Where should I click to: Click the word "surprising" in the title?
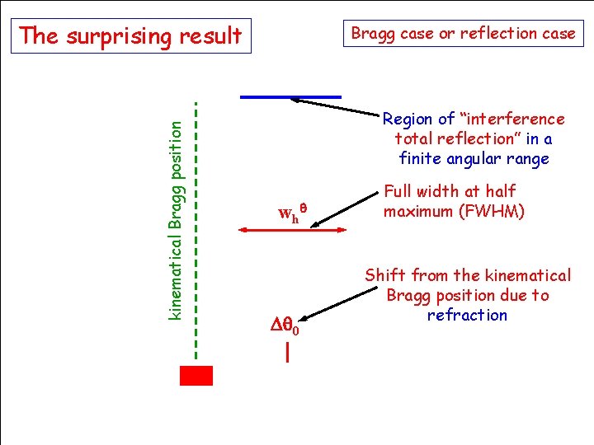[x=128, y=36]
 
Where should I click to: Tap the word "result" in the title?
[x=214, y=36]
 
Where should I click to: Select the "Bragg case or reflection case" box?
[x=463, y=34]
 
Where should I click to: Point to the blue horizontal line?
[x=290, y=96]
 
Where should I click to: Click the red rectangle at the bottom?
[x=196, y=375]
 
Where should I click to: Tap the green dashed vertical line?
[x=196, y=231]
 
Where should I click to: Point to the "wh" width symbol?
[x=289, y=216]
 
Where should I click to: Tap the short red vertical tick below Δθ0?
[x=286, y=354]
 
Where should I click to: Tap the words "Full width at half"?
[x=450, y=191]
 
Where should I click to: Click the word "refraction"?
[x=467, y=316]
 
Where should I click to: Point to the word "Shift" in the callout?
[x=386, y=275]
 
